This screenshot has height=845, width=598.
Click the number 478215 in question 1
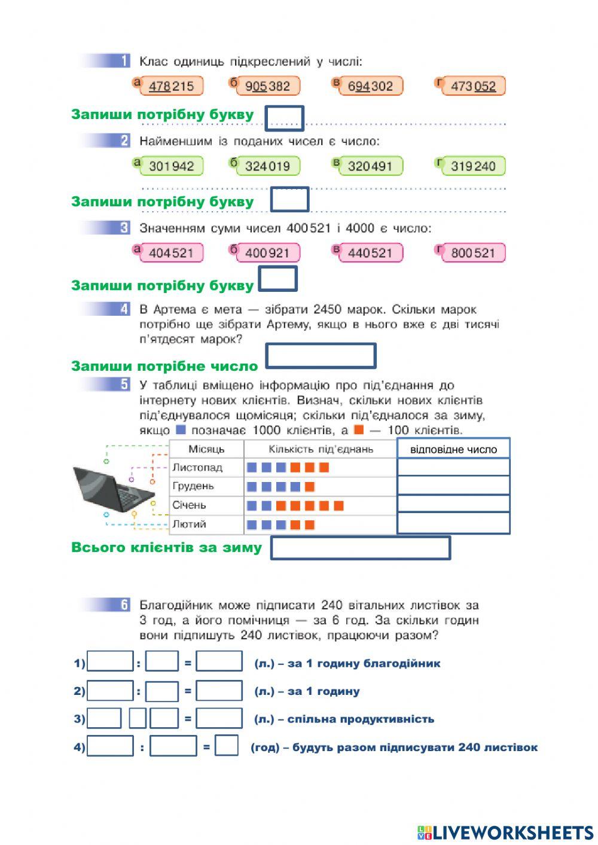pyautogui.click(x=171, y=86)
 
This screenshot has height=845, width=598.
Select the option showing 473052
pyautogui.click(x=473, y=86)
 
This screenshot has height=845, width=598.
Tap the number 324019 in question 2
pyautogui.click(x=267, y=166)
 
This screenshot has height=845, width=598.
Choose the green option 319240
pyautogui.click(x=473, y=166)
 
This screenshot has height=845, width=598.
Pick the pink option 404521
pyautogui.click(x=171, y=253)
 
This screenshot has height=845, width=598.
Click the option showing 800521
pyautogui.click(x=473, y=253)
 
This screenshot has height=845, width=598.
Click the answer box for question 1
pyautogui.click(x=284, y=118)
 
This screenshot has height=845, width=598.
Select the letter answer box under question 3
pyautogui.click(x=277, y=279)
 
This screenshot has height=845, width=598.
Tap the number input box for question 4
pyautogui.click(x=321, y=356)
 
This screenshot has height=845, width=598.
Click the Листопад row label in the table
pyautogui.click(x=197, y=468)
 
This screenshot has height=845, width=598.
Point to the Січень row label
pyautogui.click(x=189, y=505)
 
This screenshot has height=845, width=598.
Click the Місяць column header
pyautogui.click(x=206, y=449)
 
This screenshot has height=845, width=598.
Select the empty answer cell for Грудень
pyautogui.click(x=453, y=486)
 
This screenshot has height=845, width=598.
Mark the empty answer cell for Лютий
pyautogui.click(x=453, y=523)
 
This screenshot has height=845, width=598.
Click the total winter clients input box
pyautogui.click(x=360, y=548)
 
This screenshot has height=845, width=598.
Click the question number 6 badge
pyautogui.click(x=124, y=605)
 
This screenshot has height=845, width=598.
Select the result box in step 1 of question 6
pyautogui.click(x=219, y=663)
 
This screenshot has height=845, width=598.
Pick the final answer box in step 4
pyautogui.click(x=227, y=746)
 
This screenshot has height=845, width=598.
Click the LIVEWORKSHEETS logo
pyautogui.click(x=505, y=832)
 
